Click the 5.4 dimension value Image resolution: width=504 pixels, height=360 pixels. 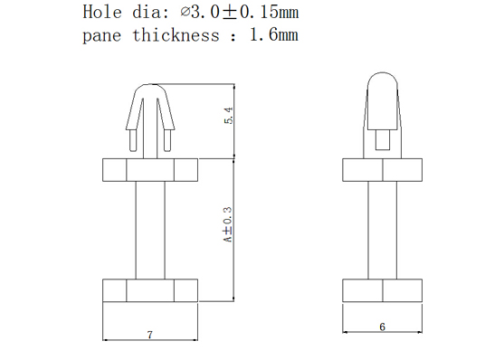(229, 116)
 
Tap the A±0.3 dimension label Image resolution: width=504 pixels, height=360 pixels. (228, 224)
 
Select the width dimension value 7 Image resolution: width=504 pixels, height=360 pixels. (150, 335)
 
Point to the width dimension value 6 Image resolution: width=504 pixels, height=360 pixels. (382, 327)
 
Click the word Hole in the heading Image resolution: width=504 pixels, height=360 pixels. (102, 12)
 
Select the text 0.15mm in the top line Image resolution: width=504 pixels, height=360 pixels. (270, 13)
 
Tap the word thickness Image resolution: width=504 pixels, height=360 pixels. (176, 34)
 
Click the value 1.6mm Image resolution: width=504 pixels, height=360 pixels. (274, 34)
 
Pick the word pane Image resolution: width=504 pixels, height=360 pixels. (102, 36)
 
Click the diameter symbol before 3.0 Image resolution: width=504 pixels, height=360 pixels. (185, 13)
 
